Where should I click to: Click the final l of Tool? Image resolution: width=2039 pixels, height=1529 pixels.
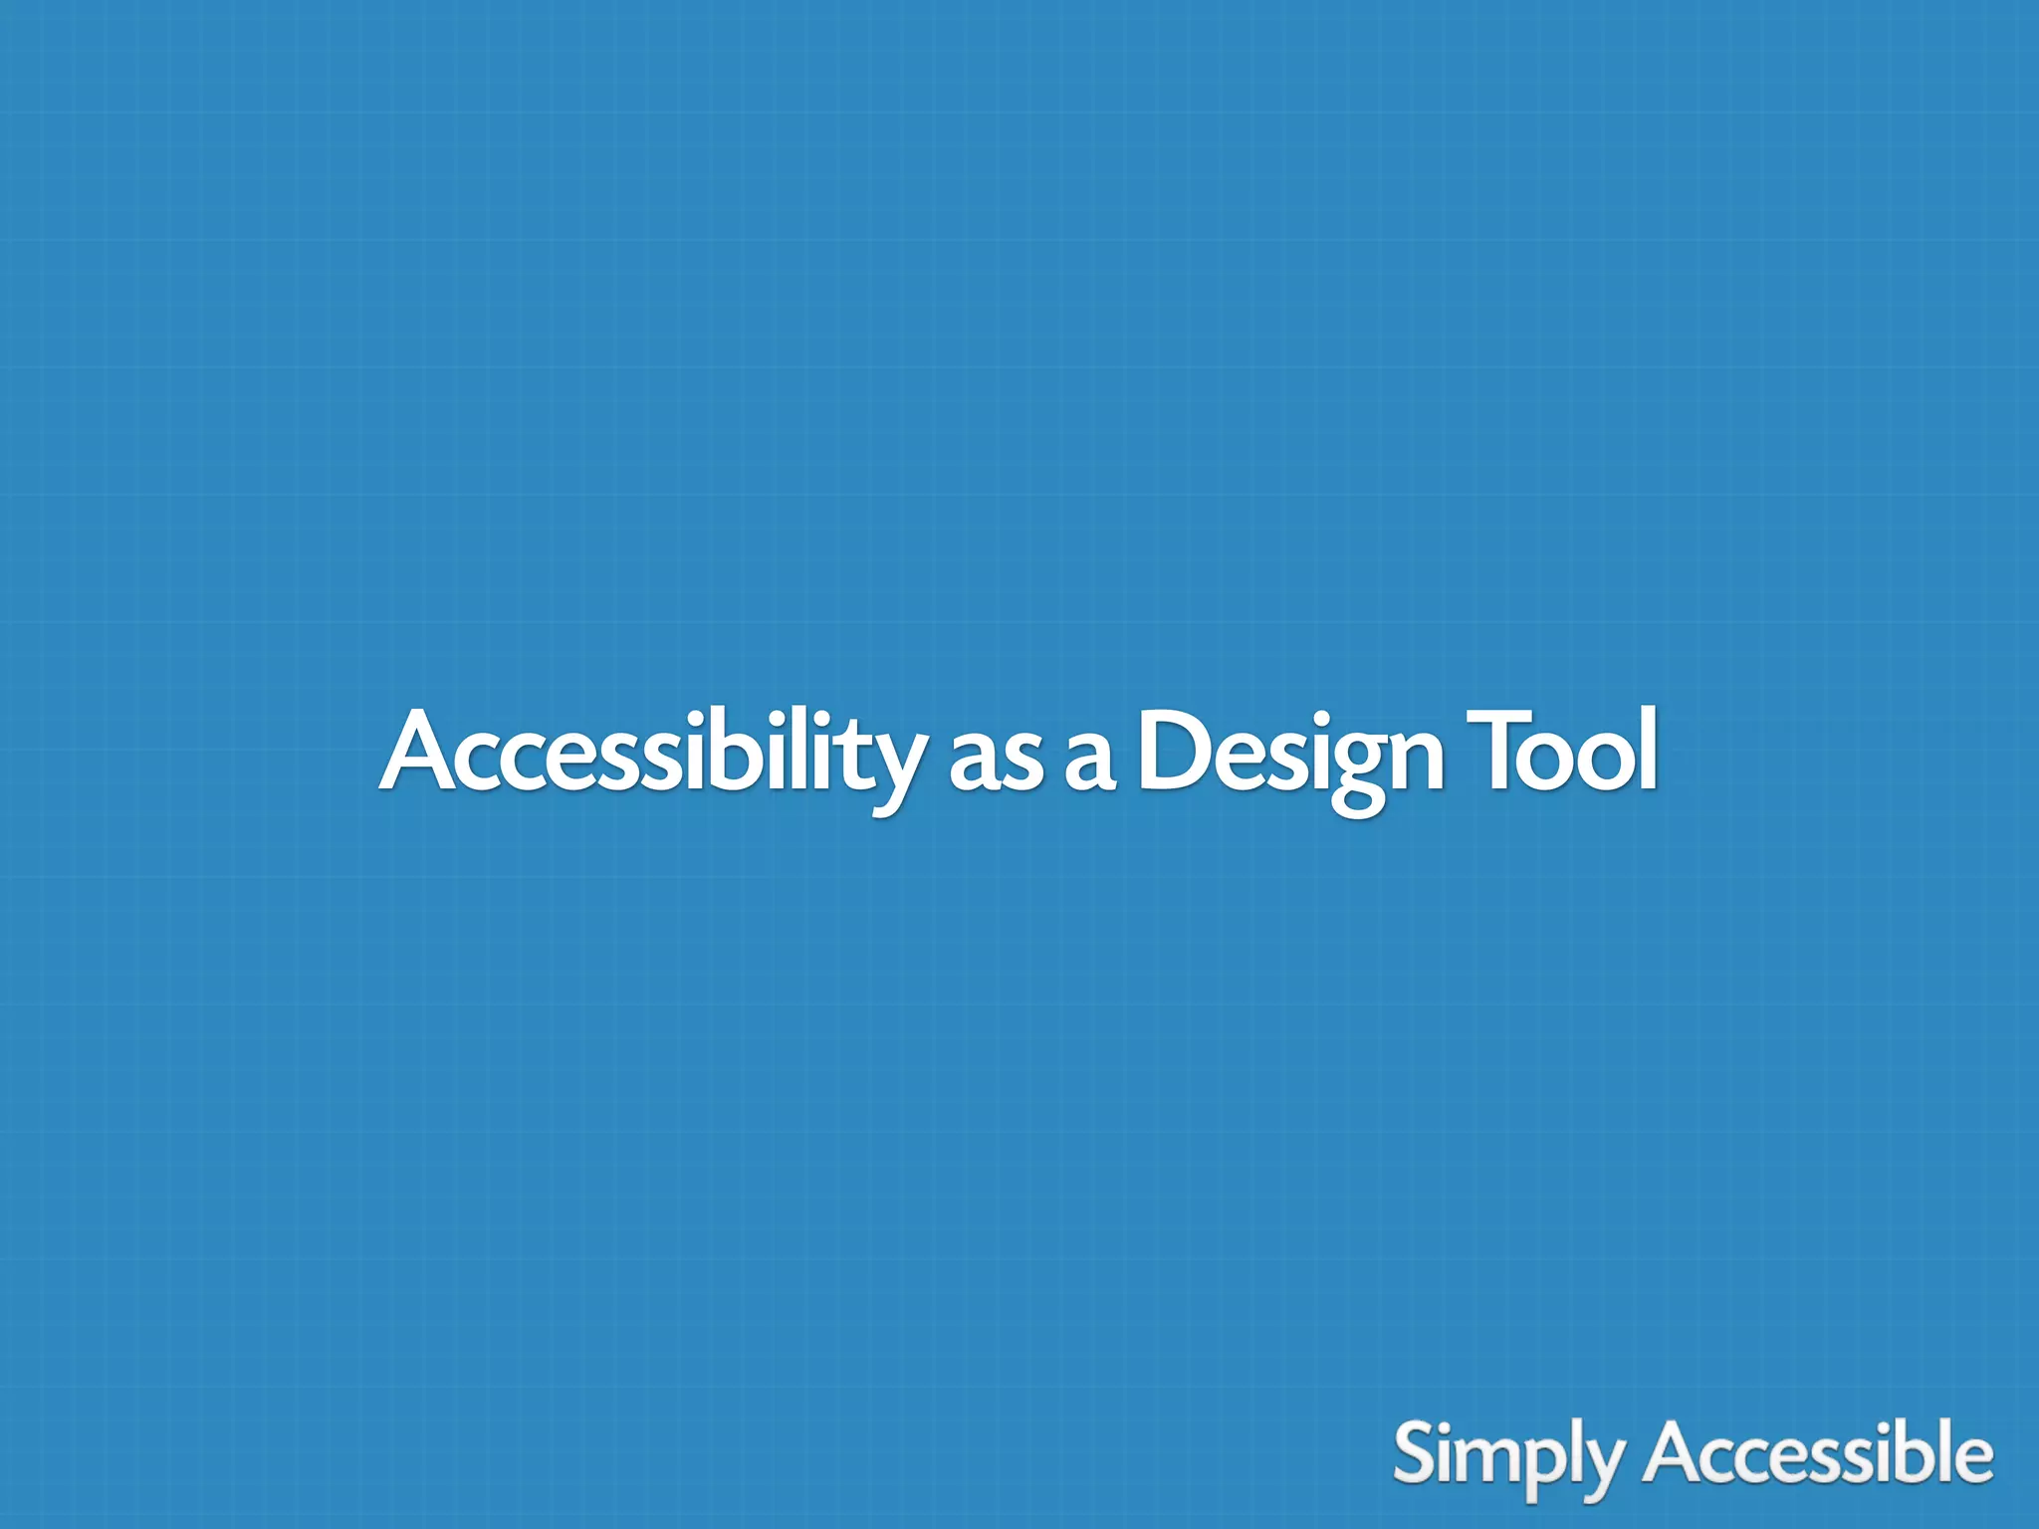pos(1646,749)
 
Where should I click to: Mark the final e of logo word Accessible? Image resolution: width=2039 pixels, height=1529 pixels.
pos(1972,1461)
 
